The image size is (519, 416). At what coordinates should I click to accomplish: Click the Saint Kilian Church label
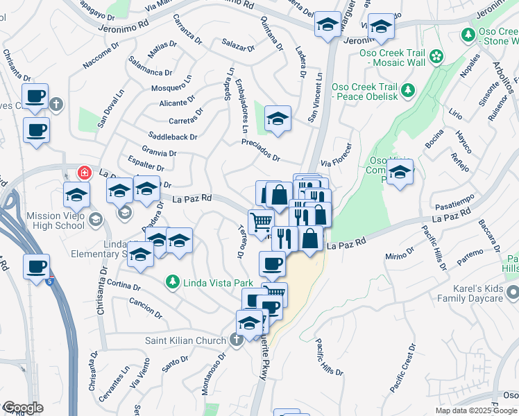pyautogui.click(x=185, y=340)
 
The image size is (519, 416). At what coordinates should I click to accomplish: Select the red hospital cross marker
pyautogui.click(x=83, y=172)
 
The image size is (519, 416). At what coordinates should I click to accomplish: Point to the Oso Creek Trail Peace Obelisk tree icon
pyautogui.click(x=408, y=89)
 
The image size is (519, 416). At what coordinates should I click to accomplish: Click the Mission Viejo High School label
pyautogui.click(x=56, y=220)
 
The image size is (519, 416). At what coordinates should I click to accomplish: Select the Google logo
pyautogui.click(x=23, y=408)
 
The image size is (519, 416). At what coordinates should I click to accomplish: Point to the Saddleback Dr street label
pyautogui.click(x=173, y=137)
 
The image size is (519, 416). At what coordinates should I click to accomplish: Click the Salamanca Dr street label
pyautogui.click(x=150, y=71)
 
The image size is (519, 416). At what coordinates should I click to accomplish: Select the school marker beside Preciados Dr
pyautogui.click(x=278, y=119)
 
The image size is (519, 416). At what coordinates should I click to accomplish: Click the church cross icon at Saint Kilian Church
pyautogui.click(x=236, y=340)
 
